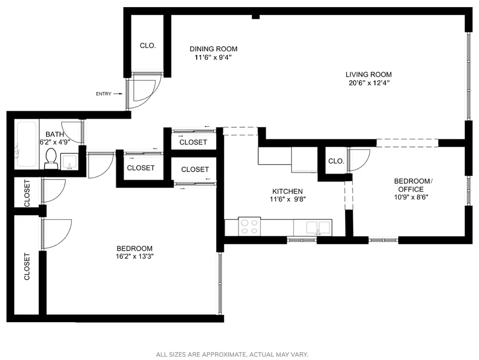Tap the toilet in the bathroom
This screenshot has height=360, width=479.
pos(50,159)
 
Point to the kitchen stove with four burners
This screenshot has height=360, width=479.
pos(249,226)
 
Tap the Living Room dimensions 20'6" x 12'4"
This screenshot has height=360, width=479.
pos(368,83)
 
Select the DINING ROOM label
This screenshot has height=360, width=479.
pos(213,49)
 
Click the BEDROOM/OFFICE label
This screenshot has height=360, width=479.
pos(412,185)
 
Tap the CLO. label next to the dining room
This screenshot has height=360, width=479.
pos(148,45)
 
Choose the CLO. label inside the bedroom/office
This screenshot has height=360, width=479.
pos(336,161)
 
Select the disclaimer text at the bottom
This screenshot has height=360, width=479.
pos(232,355)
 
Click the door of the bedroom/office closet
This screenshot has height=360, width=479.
pos(359,160)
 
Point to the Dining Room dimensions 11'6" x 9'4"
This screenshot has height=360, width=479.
pos(213,58)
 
